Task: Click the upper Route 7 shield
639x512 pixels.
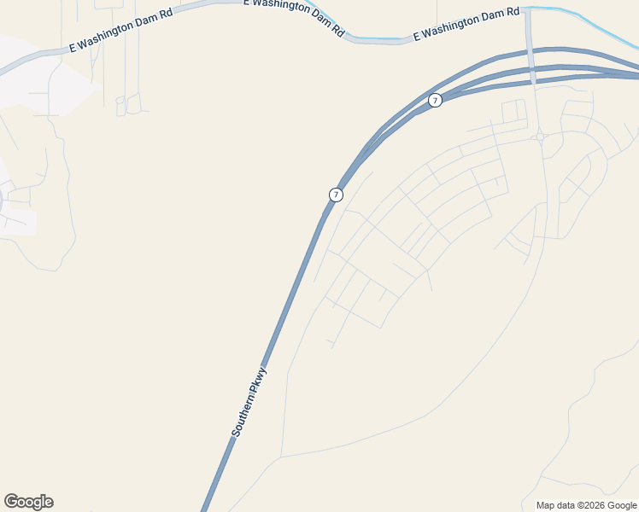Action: (436, 101)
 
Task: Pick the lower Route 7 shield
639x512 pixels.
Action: (336, 195)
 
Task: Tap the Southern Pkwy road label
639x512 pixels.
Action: (249, 403)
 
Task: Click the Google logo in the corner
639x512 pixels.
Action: (28, 502)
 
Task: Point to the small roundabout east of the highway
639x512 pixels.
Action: (540, 137)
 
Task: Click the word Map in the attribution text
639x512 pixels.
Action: (545, 505)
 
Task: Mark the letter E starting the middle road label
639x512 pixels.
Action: (246, 3)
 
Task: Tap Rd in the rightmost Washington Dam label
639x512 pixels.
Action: (513, 12)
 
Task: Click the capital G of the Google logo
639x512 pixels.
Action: (10, 502)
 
